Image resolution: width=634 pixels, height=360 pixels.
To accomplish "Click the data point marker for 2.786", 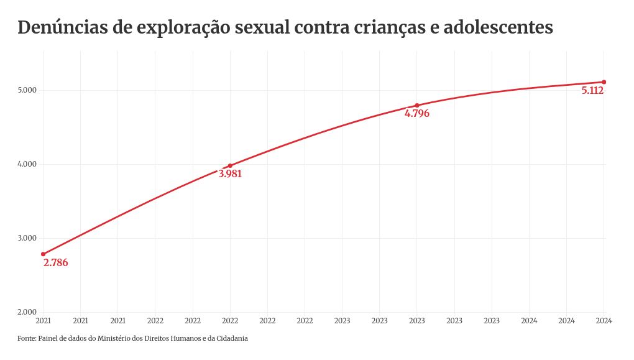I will [43, 254].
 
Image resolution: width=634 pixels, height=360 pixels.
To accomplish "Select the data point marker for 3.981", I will [230, 165].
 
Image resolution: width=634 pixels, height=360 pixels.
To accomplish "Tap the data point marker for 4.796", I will [416, 105].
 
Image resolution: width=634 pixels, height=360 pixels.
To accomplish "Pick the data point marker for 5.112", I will [604, 82].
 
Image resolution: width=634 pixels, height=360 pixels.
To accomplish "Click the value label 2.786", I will [55, 263].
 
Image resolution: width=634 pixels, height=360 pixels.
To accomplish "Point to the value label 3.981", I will [230, 174].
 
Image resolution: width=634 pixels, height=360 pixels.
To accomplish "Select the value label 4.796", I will [416, 114].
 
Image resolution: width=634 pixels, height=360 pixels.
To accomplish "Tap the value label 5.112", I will [592, 91].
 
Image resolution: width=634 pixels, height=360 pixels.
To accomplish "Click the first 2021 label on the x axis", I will [43, 321].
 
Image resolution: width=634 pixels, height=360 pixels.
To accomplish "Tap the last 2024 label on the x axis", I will [604, 321].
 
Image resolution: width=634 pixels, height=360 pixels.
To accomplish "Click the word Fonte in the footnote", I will [26, 339].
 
